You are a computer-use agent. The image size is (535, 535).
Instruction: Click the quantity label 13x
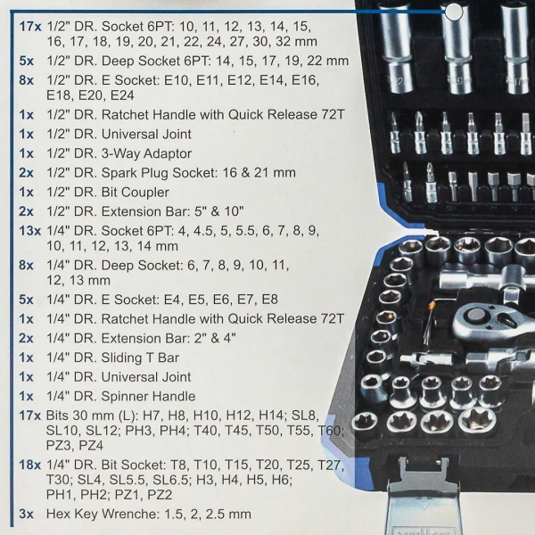coord(28,232)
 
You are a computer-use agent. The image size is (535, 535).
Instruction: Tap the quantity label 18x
coord(28,465)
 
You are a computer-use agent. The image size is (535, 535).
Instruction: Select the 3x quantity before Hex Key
coord(25,514)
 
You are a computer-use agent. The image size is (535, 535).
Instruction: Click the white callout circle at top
coord(454,12)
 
